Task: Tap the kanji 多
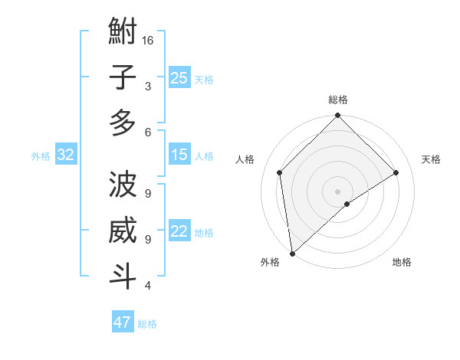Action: click(123, 123)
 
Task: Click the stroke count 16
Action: click(148, 40)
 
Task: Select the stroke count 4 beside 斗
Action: click(147, 286)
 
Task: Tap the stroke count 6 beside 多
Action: click(147, 132)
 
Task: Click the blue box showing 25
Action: click(179, 77)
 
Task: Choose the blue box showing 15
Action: click(179, 155)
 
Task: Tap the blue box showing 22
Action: click(179, 231)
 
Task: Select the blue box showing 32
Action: click(65, 155)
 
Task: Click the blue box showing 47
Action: click(122, 322)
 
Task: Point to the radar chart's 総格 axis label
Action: click(337, 100)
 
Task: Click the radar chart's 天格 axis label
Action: click(431, 159)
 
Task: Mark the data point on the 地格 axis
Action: click(347, 204)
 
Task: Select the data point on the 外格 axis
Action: click(292, 253)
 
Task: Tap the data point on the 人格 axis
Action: click(280, 172)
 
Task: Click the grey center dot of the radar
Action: click(337, 190)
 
